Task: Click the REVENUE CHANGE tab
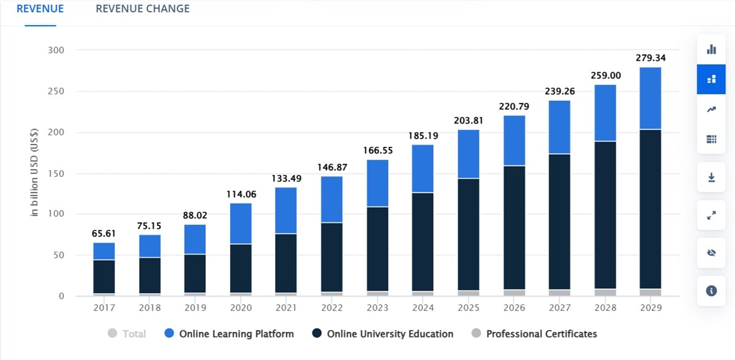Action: point(142,9)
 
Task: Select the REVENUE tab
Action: point(40,9)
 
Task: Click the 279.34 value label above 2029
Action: point(650,58)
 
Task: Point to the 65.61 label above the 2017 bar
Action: point(104,233)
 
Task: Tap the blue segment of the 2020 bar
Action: point(241,223)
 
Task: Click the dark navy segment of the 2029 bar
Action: point(650,208)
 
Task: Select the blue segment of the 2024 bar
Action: point(423,168)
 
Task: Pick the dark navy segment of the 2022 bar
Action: point(331,257)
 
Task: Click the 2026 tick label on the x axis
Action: point(513,308)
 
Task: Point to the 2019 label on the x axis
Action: point(195,308)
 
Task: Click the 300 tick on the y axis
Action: point(56,50)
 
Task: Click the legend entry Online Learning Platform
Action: point(229,334)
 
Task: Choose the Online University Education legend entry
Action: point(382,334)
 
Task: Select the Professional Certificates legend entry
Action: point(533,334)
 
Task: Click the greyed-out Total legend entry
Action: point(127,334)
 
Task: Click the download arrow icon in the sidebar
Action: point(711,178)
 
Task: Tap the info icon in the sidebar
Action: point(711,291)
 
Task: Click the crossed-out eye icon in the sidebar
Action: point(711,253)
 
